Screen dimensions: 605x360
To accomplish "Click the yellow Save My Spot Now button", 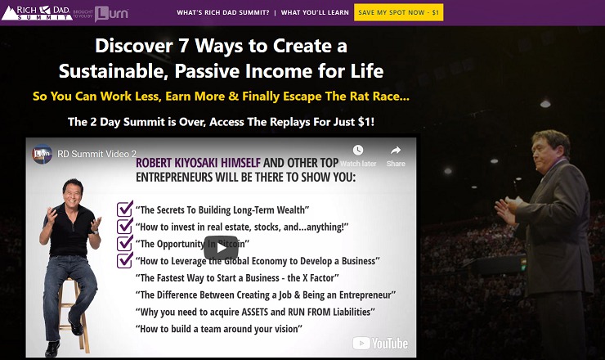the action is click(x=399, y=12).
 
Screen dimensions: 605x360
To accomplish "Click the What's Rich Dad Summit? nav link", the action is click(x=223, y=12).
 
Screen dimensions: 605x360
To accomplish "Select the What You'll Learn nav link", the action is click(x=315, y=12).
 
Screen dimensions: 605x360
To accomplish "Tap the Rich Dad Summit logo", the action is click(x=36, y=13).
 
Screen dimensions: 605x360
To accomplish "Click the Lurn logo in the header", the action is click(x=111, y=14).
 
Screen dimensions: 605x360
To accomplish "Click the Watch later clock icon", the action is click(x=358, y=150).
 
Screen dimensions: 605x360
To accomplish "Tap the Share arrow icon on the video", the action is click(x=396, y=150).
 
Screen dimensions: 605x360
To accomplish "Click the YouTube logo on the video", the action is click(x=380, y=343).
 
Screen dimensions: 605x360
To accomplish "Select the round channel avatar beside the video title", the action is click(x=42, y=154).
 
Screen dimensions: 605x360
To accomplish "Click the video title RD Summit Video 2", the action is click(x=96, y=154).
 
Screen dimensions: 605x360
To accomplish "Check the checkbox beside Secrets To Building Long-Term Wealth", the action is click(x=124, y=209).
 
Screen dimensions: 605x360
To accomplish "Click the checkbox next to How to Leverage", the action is click(x=124, y=260).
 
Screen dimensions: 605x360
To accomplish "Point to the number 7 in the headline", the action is click(x=183, y=46).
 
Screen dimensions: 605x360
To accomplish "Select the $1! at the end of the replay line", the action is click(x=365, y=122).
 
